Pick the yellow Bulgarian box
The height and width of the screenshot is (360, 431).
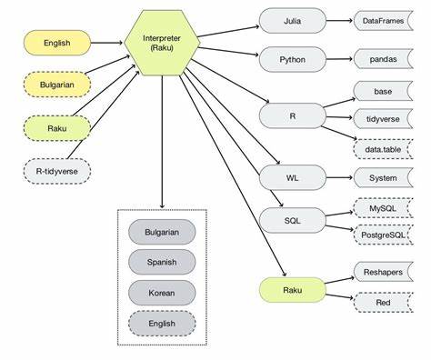56,85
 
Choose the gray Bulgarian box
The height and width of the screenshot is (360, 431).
162,232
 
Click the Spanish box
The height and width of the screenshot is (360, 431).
162,262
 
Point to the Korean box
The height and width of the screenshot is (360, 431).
162,292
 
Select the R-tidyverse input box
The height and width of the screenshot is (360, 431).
56,170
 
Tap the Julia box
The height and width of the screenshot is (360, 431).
291,20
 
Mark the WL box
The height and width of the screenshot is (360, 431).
291,177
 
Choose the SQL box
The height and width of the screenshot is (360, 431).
291,219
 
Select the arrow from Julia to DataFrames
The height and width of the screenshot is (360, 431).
336,20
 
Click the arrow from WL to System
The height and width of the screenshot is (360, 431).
336,177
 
